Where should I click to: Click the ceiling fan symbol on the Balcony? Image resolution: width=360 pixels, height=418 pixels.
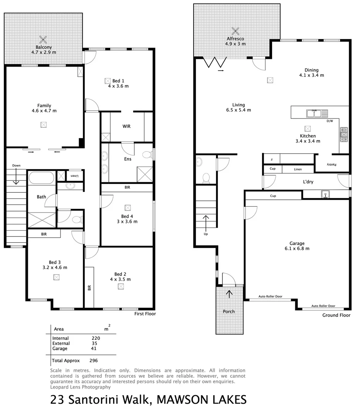tap(43, 39)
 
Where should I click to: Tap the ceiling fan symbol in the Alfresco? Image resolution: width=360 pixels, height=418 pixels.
tap(235, 30)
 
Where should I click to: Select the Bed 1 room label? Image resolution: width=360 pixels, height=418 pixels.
tap(118, 81)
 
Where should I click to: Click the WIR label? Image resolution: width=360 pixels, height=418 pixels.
tap(127, 126)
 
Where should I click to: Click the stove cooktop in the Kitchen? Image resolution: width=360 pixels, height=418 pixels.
tap(344, 134)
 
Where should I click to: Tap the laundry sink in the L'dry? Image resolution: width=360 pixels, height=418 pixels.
tap(326, 194)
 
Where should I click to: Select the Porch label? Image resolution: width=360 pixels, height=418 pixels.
tap(229, 311)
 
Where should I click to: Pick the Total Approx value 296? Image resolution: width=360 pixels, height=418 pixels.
tap(93, 360)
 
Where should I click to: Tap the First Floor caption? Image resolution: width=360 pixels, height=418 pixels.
tap(145, 314)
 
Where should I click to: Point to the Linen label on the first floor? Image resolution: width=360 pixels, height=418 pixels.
tap(75, 176)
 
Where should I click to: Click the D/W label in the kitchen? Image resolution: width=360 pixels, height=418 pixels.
tap(329, 121)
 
